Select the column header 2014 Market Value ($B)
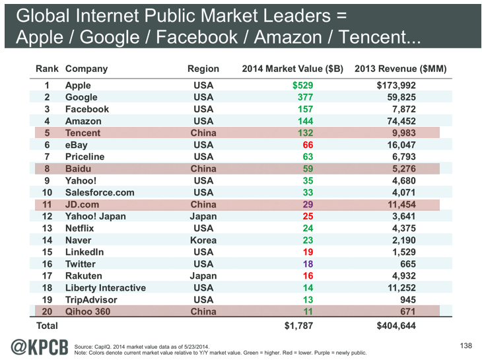[293, 69]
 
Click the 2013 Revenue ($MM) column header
[401, 69]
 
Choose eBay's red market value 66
[306, 145]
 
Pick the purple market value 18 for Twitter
[306, 264]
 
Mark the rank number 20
[47, 311]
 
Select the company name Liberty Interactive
[106, 287]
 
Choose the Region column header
[203, 69]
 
